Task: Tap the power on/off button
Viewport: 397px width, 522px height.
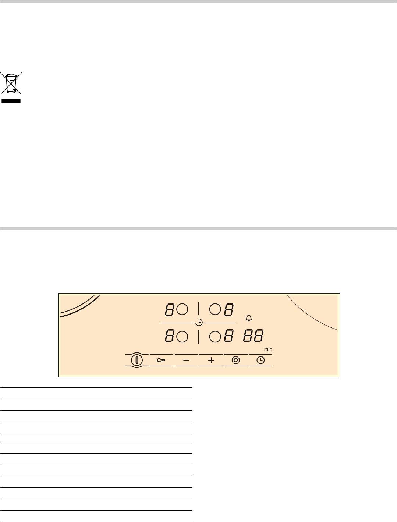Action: [x=137, y=360]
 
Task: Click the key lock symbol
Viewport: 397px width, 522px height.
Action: [x=161, y=360]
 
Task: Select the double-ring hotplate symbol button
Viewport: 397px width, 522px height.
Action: [x=235, y=360]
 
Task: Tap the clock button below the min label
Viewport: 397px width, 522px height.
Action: [x=260, y=360]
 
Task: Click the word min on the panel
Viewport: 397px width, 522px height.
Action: [x=268, y=349]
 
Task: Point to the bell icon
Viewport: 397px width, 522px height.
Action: [x=249, y=318]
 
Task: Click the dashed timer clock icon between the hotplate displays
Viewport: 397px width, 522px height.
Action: [x=199, y=323]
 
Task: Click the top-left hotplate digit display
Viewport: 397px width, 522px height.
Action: [x=169, y=310]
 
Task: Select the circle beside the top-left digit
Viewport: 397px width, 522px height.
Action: [x=182, y=309]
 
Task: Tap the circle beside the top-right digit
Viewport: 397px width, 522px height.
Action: [x=215, y=309]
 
